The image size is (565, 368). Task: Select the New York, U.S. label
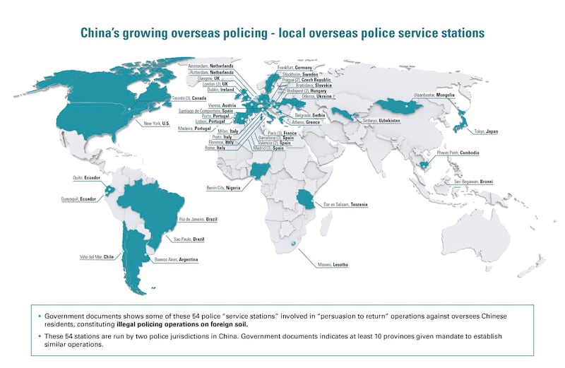pos(156,124)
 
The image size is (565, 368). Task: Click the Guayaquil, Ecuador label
pos(76,200)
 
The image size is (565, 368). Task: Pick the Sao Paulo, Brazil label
pos(189,240)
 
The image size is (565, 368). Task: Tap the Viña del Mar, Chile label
pos(96,257)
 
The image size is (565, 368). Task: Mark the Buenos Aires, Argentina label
pos(177,261)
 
